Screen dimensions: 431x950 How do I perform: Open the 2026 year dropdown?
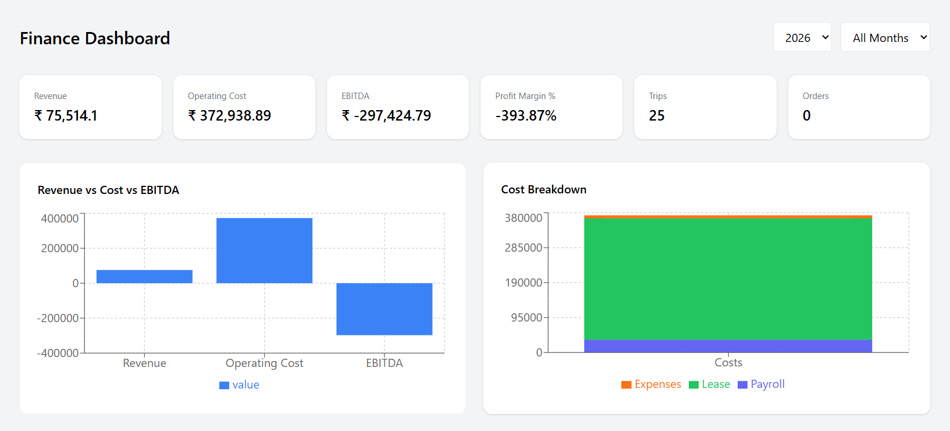pyautogui.click(x=802, y=37)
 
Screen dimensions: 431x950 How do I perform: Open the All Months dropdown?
pyautogui.click(x=884, y=37)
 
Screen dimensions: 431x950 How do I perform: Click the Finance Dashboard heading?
pyautogui.click(x=95, y=38)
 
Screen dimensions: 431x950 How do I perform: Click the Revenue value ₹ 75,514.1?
pyautogui.click(x=66, y=115)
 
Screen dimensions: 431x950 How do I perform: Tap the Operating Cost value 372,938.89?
pyautogui.click(x=230, y=115)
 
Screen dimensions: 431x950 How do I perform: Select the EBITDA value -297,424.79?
pyautogui.click(x=387, y=115)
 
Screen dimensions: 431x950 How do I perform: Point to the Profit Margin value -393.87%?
pyautogui.click(x=526, y=115)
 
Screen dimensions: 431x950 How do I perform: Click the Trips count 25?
pyautogui.click(x=657, y=115)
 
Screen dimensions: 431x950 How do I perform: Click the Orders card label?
pyautogui.click(x=816, y=96)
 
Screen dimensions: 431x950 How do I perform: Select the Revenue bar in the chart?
pyautogui.click(x=144, y=277)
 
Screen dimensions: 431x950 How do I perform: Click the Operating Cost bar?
pyautogui.click(x=264, y=250)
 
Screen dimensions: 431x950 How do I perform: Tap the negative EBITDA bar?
pyautogui.click(x=384, y=309)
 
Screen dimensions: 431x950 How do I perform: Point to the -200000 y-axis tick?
pyautogui.click(x=58, y=318)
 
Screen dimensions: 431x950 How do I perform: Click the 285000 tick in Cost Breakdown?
pyautogui.click(x=523, y=248)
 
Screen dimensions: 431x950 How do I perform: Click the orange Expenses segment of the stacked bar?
pyautogui.click(x=728, y=217)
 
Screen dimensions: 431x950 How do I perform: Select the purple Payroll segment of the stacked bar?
pyautogui.click(x=728, y=346)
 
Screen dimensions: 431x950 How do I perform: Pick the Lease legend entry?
pyautogui.click(x=710, y=384)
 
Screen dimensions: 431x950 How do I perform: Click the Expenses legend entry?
pyautogui.click(x=652, y=384)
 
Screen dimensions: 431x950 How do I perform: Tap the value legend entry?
pyautogui.click(x=240, y=385)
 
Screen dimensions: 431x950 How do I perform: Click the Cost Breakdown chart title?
pyautogui.click(x=543, y=189)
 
